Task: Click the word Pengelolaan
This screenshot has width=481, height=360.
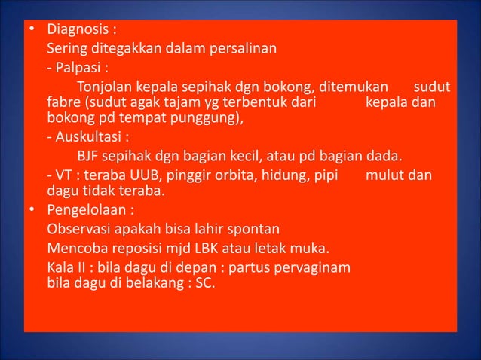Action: [86, 209]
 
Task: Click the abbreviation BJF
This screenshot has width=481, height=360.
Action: [89, 156]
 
